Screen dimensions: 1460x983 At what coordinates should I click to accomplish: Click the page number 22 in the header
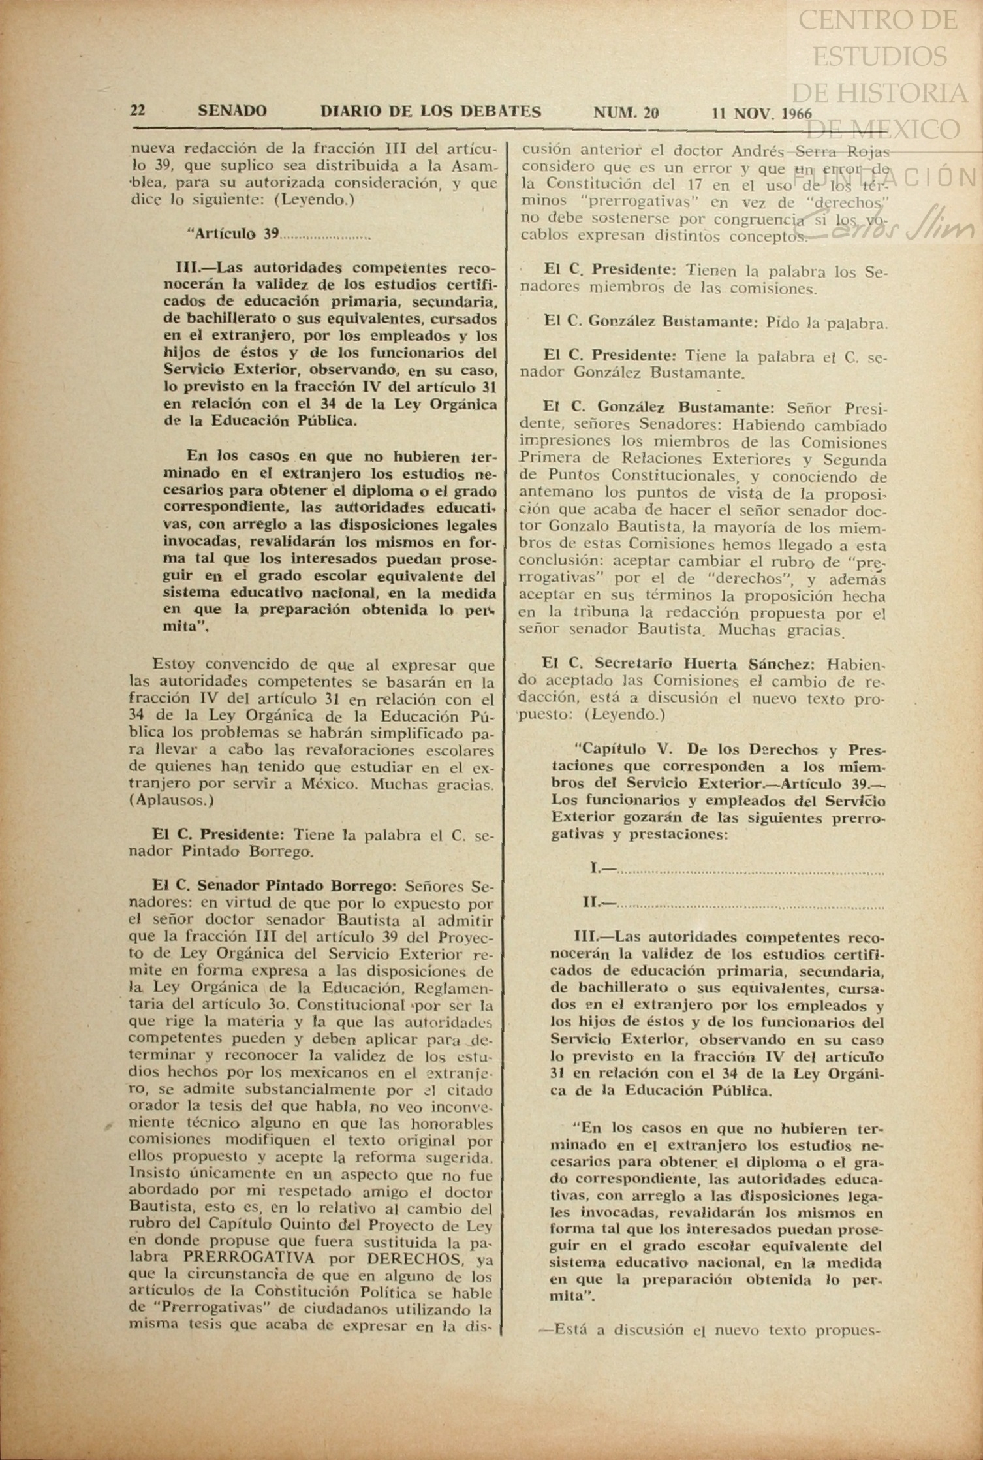(x=138, y=111)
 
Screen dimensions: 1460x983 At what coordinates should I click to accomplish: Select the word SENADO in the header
(x=232, y=112)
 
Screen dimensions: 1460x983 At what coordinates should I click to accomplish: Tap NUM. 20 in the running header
(x=625, y=112)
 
